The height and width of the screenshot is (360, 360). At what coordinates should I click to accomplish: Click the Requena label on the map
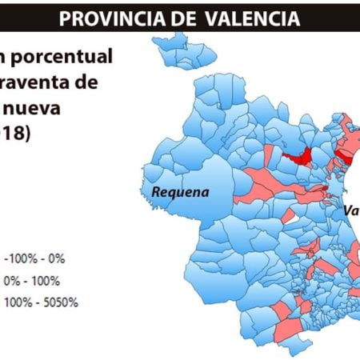pyautogui.click(x=180, y=192)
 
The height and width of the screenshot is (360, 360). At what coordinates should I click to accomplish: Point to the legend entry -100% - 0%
pyautogui.click(x=35, y=258)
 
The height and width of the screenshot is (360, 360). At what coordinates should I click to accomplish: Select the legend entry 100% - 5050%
pyautogui.click(x=41, y=302)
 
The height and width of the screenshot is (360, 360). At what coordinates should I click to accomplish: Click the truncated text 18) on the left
pyautogui.click(x=16, y=134)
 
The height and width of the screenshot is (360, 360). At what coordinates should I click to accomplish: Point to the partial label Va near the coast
pyautogui.click(x=350, y=212)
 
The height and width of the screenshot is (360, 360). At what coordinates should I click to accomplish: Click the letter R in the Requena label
pyautogui.click(x=156, y=192)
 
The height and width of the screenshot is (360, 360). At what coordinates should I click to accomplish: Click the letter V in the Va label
pyautogui.click(x=347, y=212)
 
